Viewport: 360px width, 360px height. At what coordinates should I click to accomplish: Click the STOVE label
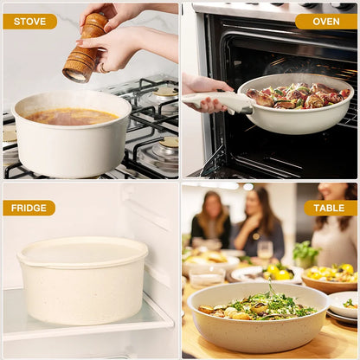point(29,22)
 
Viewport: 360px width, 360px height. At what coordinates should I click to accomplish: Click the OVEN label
point(325,22)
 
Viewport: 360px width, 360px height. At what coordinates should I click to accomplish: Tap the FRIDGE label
point(29,208)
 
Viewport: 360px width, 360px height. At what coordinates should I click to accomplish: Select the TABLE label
point(330,208)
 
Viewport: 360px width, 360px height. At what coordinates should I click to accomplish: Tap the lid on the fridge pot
point(83,251)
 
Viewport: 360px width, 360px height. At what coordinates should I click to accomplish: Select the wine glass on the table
point(265,250)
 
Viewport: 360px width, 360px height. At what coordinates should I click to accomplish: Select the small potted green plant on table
point(305,254)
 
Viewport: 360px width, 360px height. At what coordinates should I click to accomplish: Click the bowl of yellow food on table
point(330,276)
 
